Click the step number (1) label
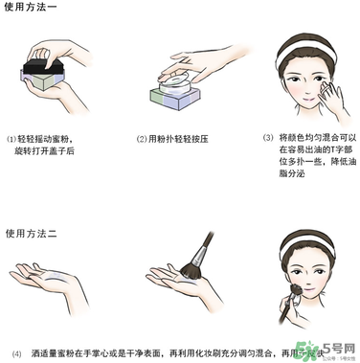[11, 138]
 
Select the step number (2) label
[141, 138]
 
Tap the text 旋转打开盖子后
[46, 150]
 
